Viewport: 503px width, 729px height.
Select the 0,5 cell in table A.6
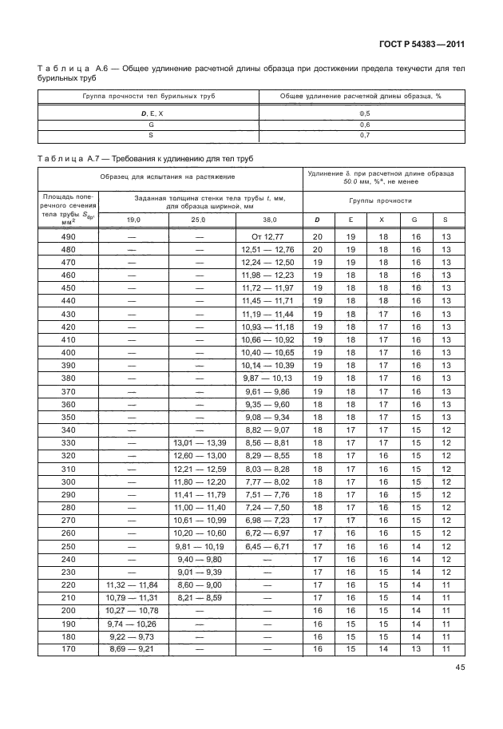point(364,113)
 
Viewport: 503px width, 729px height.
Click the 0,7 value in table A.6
point(364,135)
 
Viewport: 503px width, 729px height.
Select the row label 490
point(68,236)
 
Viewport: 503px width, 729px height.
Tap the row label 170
point(68,650)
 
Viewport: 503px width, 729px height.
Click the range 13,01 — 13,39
point(199,443)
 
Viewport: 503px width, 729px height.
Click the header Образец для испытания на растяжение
point(168,176)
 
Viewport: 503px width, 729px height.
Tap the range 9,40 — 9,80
point(199,560)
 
